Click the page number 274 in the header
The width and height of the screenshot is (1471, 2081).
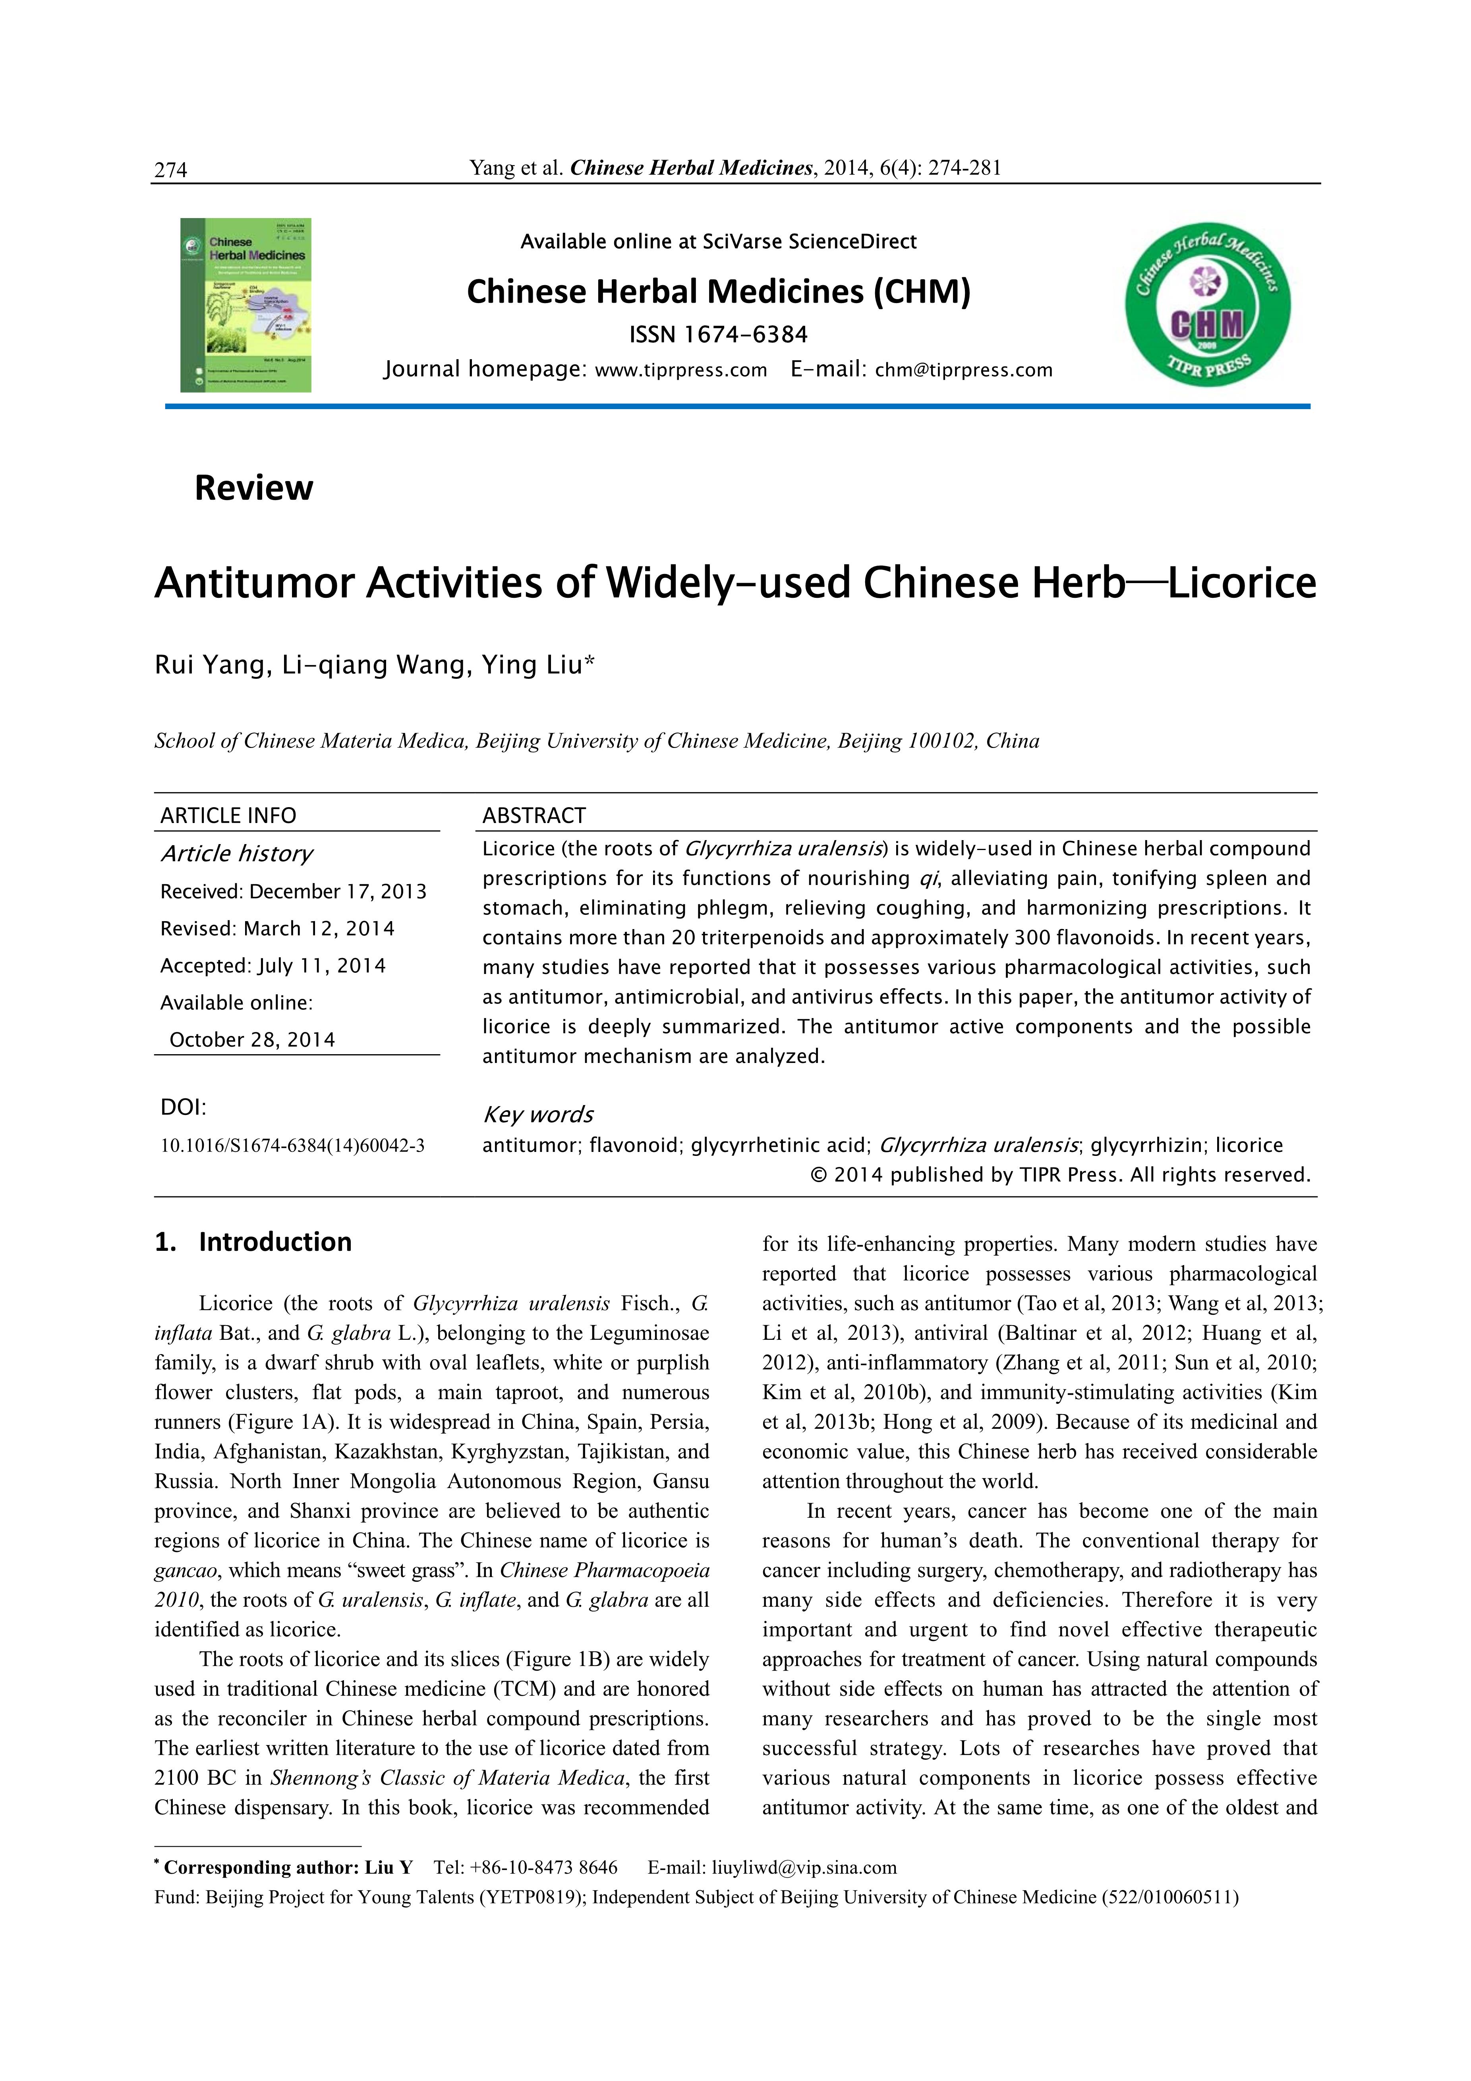(x=170, y=170)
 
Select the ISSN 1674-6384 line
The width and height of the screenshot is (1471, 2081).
(x=718, y=334)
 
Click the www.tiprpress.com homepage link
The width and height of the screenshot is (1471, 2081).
(x=680, y=370)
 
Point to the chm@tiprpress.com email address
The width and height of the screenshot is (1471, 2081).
(x=963, y=370)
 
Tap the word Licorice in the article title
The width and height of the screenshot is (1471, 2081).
(x=1242, y=583)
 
